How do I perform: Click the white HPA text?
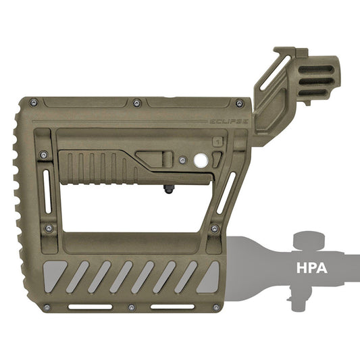[312, 267]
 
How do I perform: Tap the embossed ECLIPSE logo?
[229, 122]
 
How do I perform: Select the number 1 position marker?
[217, 142]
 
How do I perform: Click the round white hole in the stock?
[201, 159]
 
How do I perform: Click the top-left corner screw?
[34, 103]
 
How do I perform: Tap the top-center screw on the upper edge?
[137, 103]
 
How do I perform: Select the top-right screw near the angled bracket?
[240, 103]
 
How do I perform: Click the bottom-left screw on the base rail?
[47, 307]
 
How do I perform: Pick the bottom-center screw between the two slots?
[132, 307]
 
